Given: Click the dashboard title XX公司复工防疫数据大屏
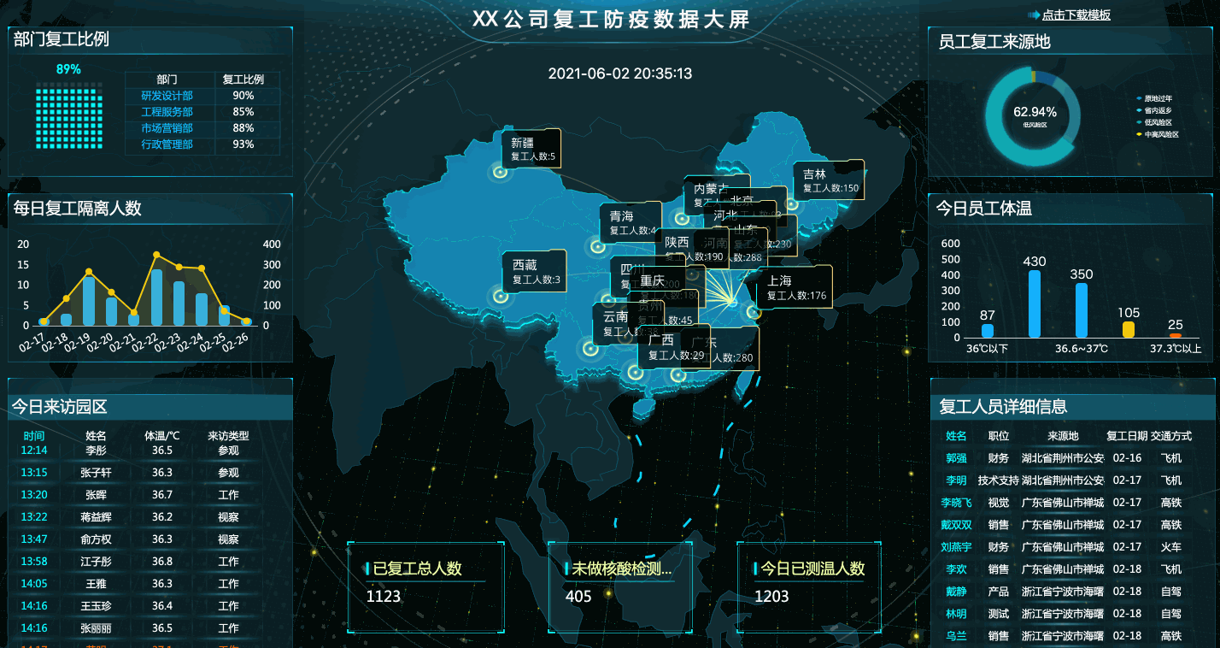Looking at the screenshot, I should [x=610, y=20].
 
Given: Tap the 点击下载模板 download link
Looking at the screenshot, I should [x=1076, y=15].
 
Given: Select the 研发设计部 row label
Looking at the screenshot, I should [x=167, y=96].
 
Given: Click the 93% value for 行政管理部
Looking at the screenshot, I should [x=243, y=144].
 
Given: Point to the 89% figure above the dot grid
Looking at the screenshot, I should [x=68, y=69].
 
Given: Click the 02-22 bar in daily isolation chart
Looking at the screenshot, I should [x=156, y=297].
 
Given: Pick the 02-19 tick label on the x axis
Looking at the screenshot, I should [x=77, y=344].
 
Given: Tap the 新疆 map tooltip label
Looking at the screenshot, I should [x=522, y=143].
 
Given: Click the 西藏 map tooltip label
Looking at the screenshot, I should [x=525, y=266].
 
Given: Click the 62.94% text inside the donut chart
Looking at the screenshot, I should [x=1035, y=112].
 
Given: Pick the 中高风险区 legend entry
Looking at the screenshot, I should [x=1161, y=134].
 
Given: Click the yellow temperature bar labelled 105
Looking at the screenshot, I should [x=1129, y=329].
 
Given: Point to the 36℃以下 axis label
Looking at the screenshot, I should [x=988, y=349].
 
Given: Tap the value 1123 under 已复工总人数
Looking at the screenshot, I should [x=384, y=596].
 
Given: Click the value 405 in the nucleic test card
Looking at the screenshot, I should [x=578, y=596].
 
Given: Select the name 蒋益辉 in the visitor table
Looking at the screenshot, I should [x=97, y=517].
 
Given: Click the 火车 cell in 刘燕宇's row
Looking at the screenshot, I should [x=1170, y=547].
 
